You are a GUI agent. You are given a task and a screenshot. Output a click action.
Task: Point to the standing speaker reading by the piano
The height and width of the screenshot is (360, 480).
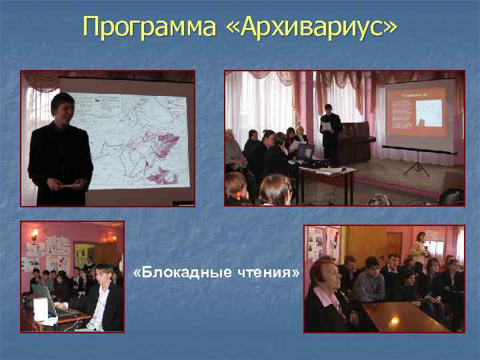pos(331,133)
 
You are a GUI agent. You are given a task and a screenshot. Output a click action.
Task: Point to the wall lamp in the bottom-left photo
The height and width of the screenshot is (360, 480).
pos(34,233)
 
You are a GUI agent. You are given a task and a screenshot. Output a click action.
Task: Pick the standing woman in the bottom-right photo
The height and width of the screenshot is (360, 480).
pos(420,250)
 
